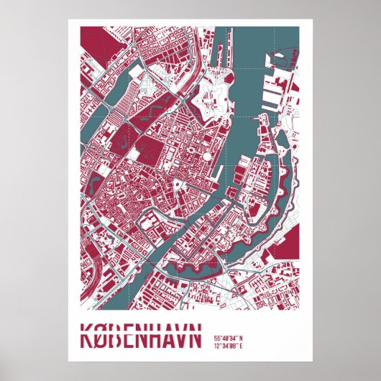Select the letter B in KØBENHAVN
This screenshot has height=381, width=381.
click(115, 336)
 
